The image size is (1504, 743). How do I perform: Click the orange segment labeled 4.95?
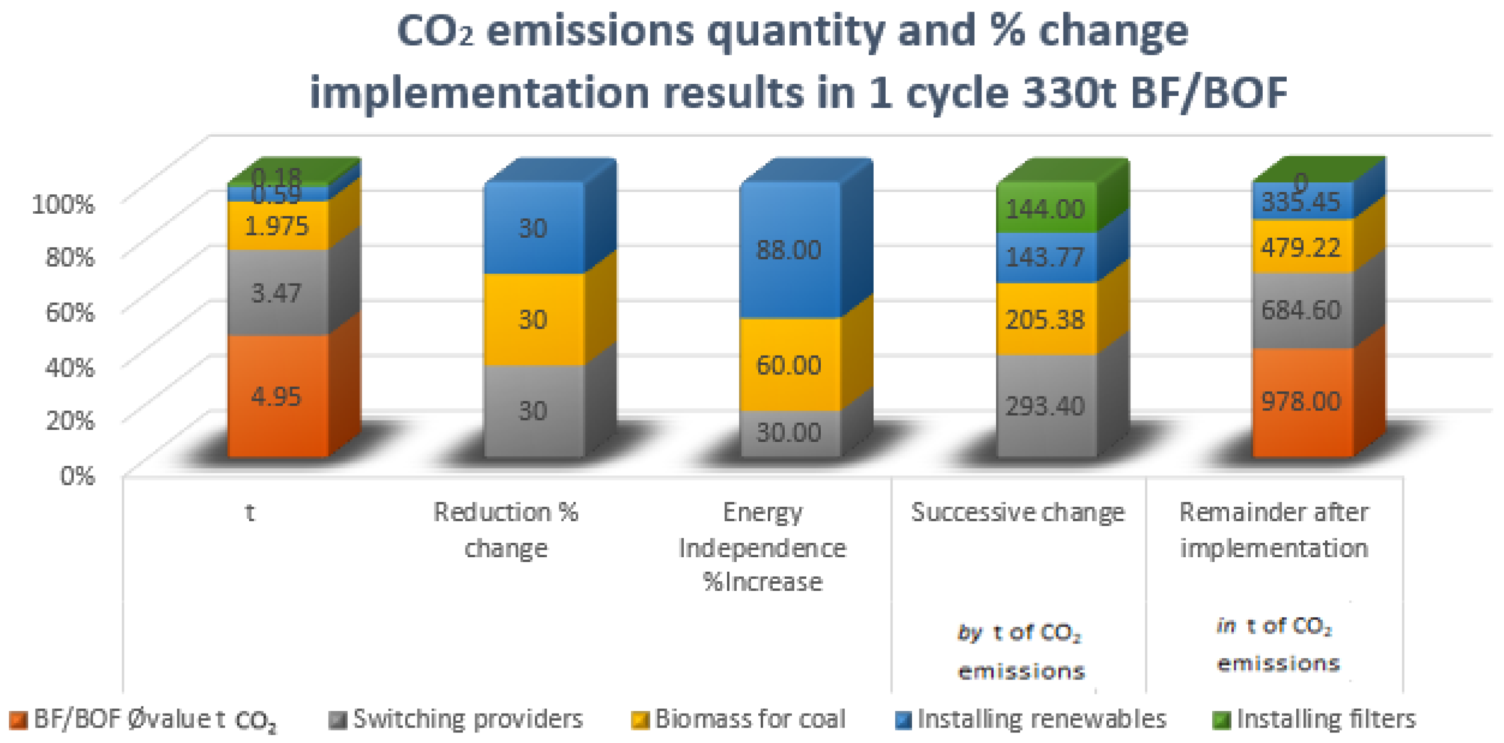click(x=277, y=396)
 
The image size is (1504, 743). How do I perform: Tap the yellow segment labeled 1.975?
click(x=277, y=226)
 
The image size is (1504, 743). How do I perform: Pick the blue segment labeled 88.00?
click(x=789, y=250)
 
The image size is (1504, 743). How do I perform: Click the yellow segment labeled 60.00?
click(x=789, y=365)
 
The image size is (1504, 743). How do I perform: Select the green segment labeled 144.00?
click(x=1045, y=208)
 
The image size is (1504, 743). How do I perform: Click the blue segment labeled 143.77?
click(x=1045, y=257)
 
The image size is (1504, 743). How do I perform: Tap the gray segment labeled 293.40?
click(x=1045, y=405)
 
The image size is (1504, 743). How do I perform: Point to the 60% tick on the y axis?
click(x=70, y=312)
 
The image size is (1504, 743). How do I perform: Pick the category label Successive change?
click(x=1017, y=512)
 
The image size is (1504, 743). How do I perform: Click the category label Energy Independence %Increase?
click(x=763, y=547)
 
